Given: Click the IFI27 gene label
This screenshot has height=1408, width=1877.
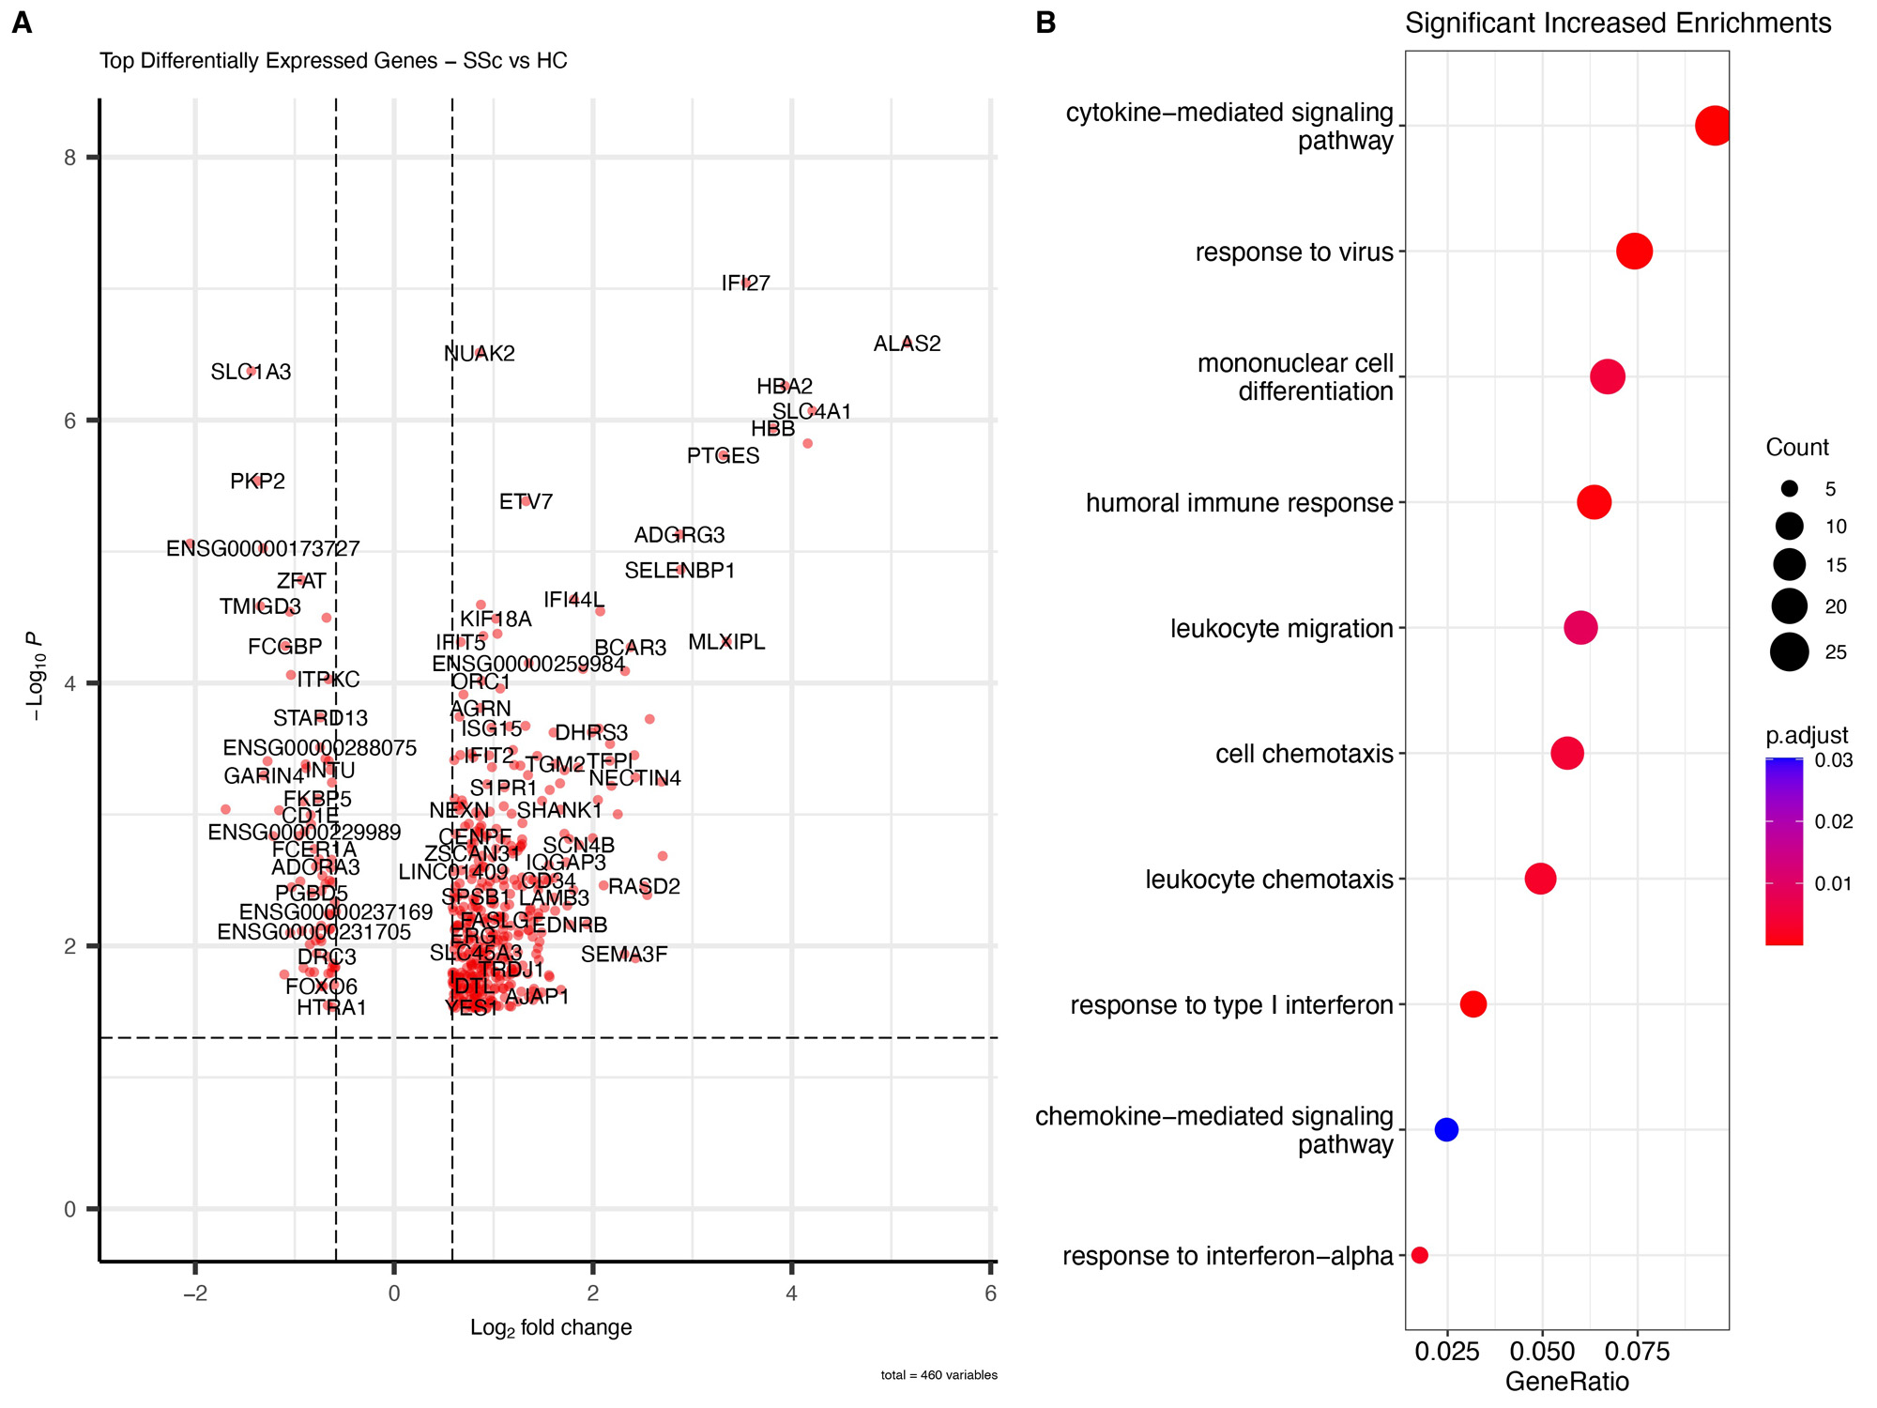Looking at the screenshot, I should tap(745, 283).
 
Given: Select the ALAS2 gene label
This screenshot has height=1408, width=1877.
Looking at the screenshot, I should tap(907, 344).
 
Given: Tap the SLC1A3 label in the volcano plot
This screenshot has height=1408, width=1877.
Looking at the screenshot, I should tap(251, 373).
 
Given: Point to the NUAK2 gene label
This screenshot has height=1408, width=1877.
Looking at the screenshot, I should tap(479, 354).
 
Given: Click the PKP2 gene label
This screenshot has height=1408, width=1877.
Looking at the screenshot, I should tap(257, 482).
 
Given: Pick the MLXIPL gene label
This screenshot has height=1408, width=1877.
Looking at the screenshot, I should tap(726, 642).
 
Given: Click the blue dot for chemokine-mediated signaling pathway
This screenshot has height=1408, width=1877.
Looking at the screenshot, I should tap(1446, 1129).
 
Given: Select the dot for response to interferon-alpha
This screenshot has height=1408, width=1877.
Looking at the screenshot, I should tap(1419, 1255).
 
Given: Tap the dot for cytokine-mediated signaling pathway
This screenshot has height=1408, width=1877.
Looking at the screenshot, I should tap(1714, 126).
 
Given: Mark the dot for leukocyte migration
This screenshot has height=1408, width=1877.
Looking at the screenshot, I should tap(1580, 628).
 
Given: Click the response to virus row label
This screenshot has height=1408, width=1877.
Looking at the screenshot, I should tap(1294, 253).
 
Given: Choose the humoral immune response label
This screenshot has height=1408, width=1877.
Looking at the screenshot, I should tap(1239, 503).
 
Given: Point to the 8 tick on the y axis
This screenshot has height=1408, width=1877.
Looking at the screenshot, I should tap(70, 158).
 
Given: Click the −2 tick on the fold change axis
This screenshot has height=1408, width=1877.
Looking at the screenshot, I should tap(194, 1293).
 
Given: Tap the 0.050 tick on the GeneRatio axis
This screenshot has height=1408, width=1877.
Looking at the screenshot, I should tap(1542, 1352).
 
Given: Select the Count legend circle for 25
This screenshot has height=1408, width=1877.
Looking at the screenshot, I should tap(1789, 651).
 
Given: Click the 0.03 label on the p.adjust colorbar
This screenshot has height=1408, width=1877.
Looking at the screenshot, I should tap(1834, 760).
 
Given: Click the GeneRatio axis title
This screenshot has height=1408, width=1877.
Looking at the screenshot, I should tap(1566, 1382).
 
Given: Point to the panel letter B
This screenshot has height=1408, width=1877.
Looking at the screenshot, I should tap(1045, 23).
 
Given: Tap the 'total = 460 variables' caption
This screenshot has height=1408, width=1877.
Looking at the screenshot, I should tap(938, 1375).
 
